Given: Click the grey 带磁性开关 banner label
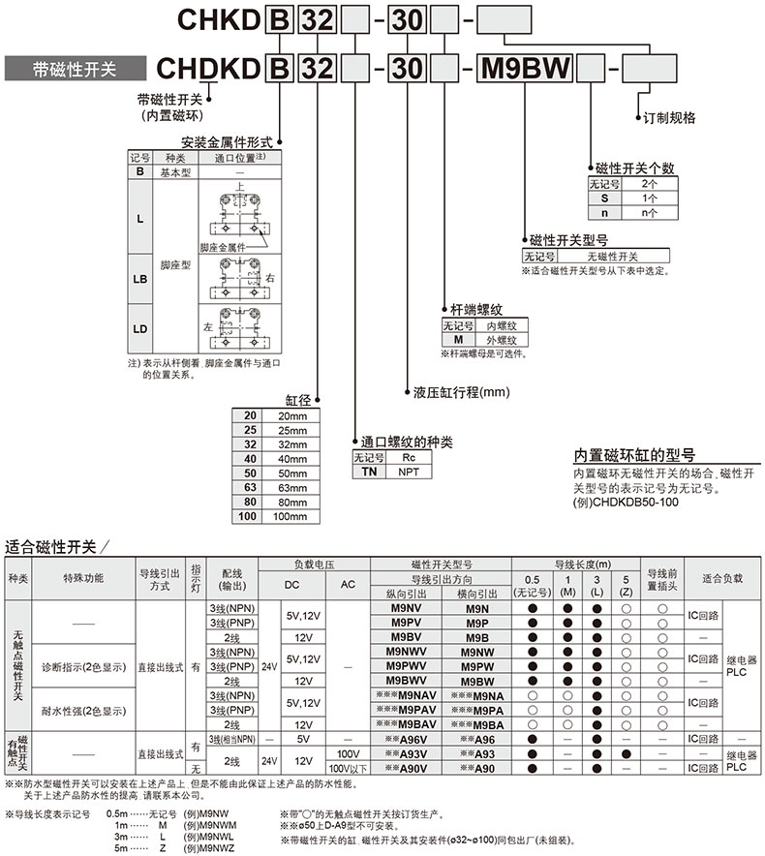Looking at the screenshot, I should tap(75, 69).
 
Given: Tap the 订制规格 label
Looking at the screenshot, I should tap(670, 117).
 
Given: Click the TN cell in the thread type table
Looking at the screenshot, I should tap(368, 471).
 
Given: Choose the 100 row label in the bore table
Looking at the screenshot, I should tap(250, 517).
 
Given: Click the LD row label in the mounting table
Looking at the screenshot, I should tap(141, 328).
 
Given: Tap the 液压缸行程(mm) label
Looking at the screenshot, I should tap(461, 393).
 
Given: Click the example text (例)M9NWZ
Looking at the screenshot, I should tap(210, 847).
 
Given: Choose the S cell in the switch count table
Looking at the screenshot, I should tap(603, 197).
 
